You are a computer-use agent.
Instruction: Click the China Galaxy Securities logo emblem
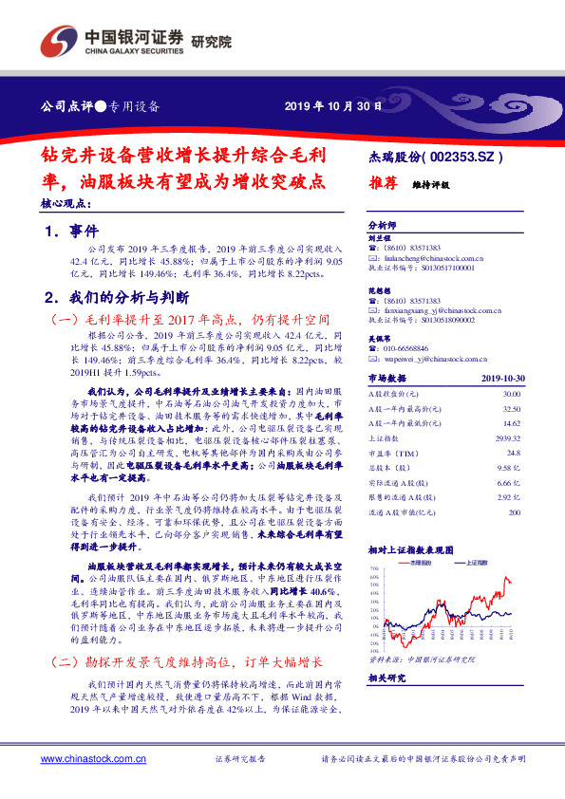58,44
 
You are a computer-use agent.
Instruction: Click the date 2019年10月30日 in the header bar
332,106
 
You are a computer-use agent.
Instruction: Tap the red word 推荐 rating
381,187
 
